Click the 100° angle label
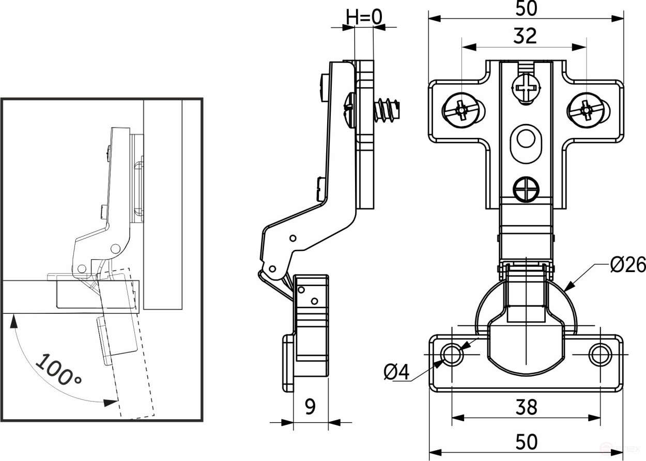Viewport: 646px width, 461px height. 58,370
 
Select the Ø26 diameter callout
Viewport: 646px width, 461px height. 627,265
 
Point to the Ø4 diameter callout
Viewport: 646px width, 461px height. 396,372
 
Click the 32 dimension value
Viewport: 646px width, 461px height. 525,36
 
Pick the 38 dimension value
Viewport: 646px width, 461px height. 526,407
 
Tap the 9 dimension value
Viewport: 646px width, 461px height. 310,407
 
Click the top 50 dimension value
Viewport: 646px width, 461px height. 526,8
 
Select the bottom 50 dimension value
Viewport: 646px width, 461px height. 526,442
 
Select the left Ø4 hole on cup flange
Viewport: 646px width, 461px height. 452,355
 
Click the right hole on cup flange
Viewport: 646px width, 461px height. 599,355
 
